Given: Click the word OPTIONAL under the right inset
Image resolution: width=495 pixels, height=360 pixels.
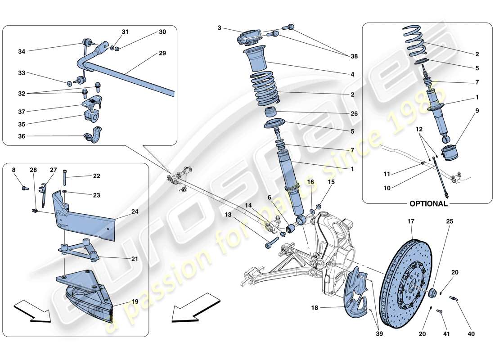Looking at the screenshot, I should [x=428, y=203].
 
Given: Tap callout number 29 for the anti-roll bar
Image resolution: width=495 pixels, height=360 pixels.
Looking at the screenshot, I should [x=162, y=53].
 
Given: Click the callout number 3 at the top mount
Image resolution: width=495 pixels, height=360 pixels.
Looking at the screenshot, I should [x=219, y=28].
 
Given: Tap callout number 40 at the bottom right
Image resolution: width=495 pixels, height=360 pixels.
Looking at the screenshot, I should [x=459, y=334].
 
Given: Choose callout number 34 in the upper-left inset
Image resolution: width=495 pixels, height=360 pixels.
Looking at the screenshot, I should [x=22, y=51].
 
